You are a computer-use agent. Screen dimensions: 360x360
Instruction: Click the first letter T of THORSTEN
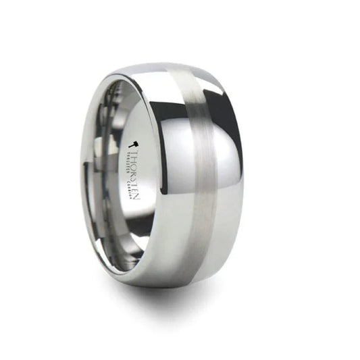pos(134,150)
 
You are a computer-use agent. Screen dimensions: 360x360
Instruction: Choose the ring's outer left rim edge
pos(82,176)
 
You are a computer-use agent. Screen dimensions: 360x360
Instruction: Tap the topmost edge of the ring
pos(162,66)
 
